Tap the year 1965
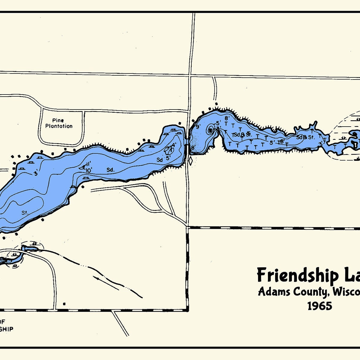tap(319, 306)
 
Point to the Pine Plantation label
tap(59, 123)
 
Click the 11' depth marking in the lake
tap(88, 164)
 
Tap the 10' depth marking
tap(88, 170)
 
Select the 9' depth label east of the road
tap(198, 127)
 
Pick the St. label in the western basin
tap(25, 213)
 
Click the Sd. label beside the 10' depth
tap(110, 170)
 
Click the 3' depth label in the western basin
tap(36, 172)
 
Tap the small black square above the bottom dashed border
tap(64, 304)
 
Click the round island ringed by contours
tap(210, 130)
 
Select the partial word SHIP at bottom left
tap(7, 329)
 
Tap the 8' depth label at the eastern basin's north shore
tap(227, 118)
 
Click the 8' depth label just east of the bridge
tap(193, 147)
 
